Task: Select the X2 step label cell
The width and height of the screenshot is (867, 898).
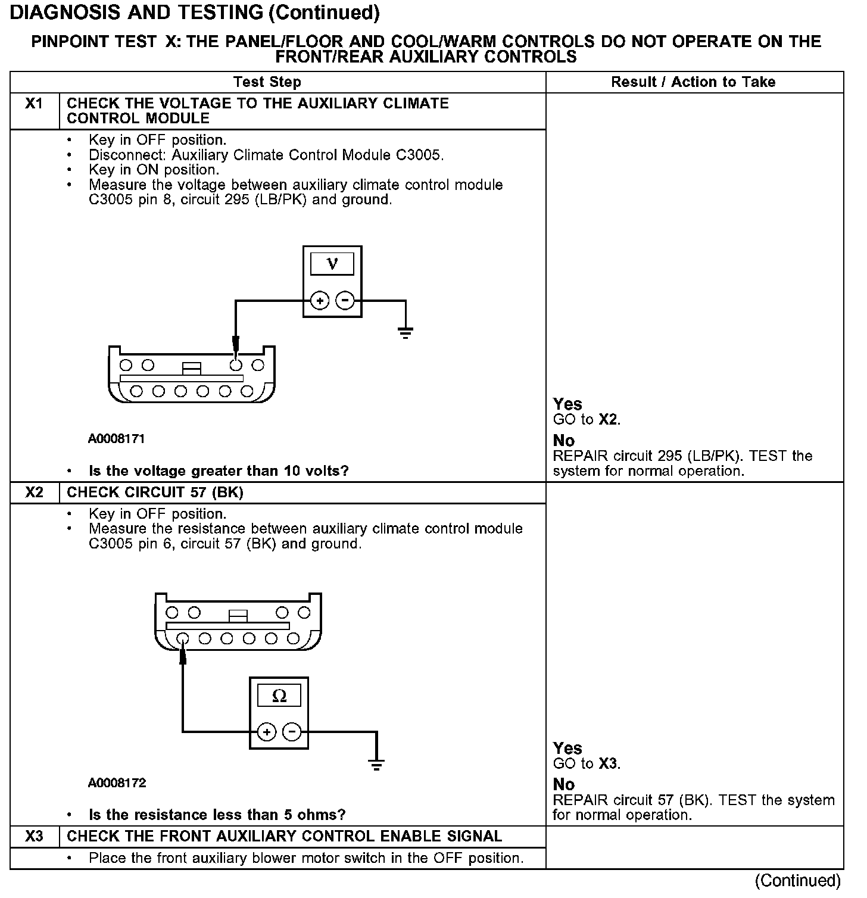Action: (x=35, y=492)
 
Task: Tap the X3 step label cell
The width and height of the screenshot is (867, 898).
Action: (x=35, y=837)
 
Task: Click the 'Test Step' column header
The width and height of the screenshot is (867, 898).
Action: (x=267, y=82)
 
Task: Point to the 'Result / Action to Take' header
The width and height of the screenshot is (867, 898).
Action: (x=693, y=82)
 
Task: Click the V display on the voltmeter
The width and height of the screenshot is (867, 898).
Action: (x=332, y=263)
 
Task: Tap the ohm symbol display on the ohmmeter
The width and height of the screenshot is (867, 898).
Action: (x=279, y=696)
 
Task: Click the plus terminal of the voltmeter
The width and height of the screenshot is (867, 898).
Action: (x=320, y=301)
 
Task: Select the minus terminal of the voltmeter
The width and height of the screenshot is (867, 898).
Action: (x=345, y=301)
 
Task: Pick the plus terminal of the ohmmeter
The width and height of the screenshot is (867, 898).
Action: (x=266, y=731)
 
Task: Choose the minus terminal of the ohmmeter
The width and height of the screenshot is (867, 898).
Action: (x=291, y=731)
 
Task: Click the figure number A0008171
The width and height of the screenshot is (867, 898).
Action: (x=117, y=439)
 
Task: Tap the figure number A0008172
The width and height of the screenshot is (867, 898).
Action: (x=117, y=783)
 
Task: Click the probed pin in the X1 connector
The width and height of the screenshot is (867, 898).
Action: (x=236, y=364)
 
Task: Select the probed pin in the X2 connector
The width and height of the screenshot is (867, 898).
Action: (x=183, y=639)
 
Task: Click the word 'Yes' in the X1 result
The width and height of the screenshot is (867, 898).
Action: (x=567, y=404)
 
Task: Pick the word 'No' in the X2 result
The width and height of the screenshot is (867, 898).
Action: (x=564, y=784)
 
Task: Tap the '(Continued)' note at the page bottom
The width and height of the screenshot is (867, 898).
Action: (x=798, y=880)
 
